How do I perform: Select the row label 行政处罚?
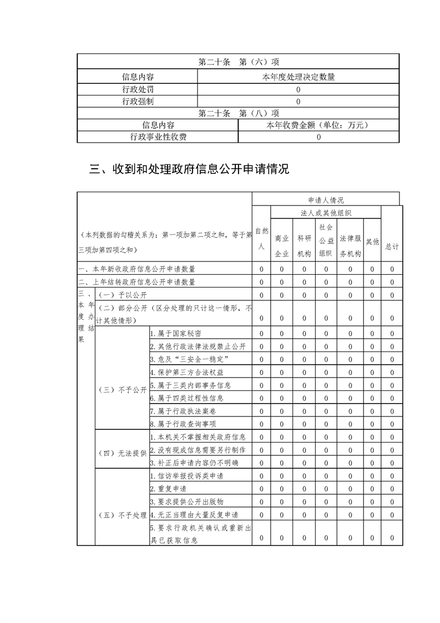[138, 89]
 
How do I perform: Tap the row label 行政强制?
[138, 101]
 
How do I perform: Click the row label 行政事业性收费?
[158, 137]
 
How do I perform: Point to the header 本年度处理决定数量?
[299, 77]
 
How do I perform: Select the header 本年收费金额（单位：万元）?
[318, 125]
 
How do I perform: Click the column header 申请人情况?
[326, 200]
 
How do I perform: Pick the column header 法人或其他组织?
[326, 213]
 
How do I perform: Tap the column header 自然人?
[261, 239]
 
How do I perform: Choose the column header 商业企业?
[282, 246]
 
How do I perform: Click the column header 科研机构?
[304, 246]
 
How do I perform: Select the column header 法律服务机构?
[350, 246]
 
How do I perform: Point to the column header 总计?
[392, 246]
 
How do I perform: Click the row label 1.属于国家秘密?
[176, 333]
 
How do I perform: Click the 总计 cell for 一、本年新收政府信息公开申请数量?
[392, 269]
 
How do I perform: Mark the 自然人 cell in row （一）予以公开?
[261, 295]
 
